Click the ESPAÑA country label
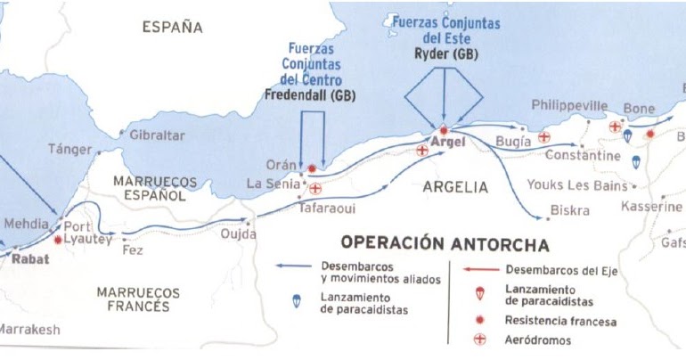pyautogui.click(x=173, y=28)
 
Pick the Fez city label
pyautogui.click(x=132, y=250)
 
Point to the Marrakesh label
pyautogui.click(x=29, y=330)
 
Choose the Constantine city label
pyautogui.click(x=583, y=156)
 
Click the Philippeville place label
pyautogui.click(x=569, y=106)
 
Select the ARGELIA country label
pyautogui.click(x=455, y=187)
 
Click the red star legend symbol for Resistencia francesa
pyautogui.click(x=480, y=319)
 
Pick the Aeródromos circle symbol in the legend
pyautogui.click(x=480, y=340)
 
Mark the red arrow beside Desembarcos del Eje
pyautogui.click(x=480, y=269)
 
